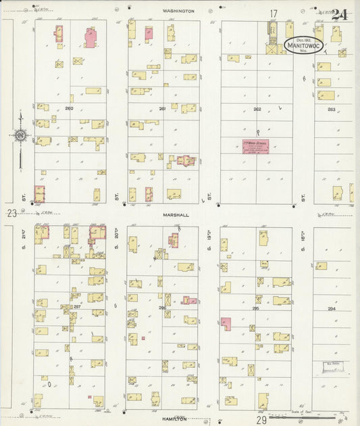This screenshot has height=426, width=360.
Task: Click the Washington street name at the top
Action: tap(178, 11)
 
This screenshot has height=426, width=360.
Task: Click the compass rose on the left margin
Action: tap(21, 135)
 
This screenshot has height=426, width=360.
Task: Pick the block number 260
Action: tap(69, 108)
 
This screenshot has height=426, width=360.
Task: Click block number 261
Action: tap(162, 108)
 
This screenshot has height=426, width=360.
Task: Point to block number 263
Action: tap(331, 109)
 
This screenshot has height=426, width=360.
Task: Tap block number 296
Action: tap(162, 308)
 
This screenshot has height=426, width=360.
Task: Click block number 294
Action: tap(331, 308)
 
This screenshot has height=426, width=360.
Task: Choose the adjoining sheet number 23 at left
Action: tap(11, 214)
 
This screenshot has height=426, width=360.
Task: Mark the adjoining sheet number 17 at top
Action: tap(274, 14)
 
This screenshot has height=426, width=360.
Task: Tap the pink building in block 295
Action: tap(226, 325)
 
